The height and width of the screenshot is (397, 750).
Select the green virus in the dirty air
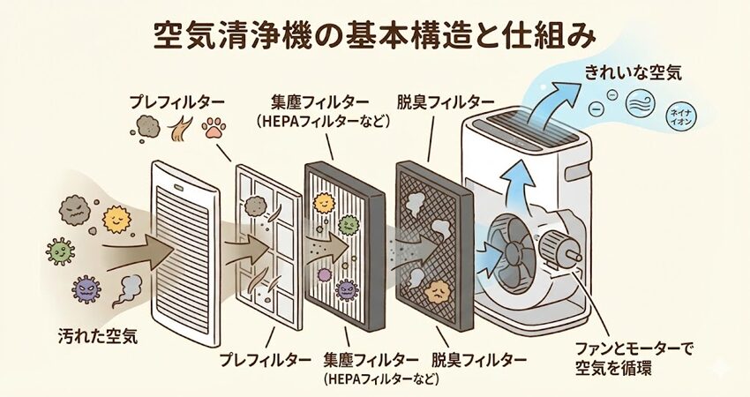pos(60,252)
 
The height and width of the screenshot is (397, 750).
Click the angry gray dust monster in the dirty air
pos(74,211)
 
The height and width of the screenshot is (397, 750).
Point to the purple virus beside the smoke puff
pos(86,288)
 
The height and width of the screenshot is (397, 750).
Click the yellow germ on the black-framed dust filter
pos(323,204)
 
